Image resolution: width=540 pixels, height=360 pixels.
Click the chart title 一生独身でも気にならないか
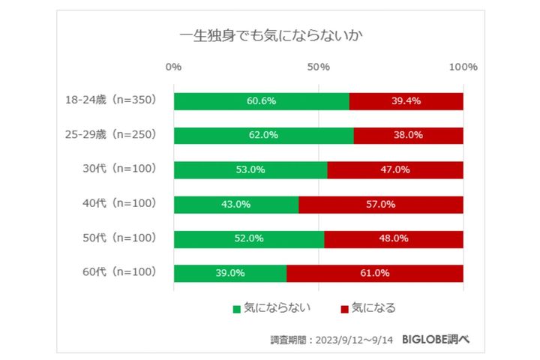pyautogui.click(x=271, y=35)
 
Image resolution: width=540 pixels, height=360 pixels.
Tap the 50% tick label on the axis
pyautogui.click(x=319, y=67)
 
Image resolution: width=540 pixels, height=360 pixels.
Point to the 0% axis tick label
pyautogui.click(x=173, y=67)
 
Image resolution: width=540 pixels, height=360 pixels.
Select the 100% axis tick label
pyautogui.click(x=463, y=67)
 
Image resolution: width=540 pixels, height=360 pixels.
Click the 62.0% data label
pyautogui.click(x=263, y=136)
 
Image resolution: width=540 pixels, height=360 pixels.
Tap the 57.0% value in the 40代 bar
pyautogui.click(x=380, y=205)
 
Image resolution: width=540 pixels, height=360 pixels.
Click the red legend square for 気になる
pyautogui.click(x=344, y=308)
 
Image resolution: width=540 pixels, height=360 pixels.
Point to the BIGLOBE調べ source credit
pyautogui.click(x=436, y=340)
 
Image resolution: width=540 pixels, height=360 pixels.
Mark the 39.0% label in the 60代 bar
pyautogui.click(x=229, y=274)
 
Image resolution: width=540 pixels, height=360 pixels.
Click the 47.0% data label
pyautogui.click(x=394, y=170)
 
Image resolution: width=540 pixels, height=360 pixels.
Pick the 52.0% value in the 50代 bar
pyautogui.click(x=248, y=239)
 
